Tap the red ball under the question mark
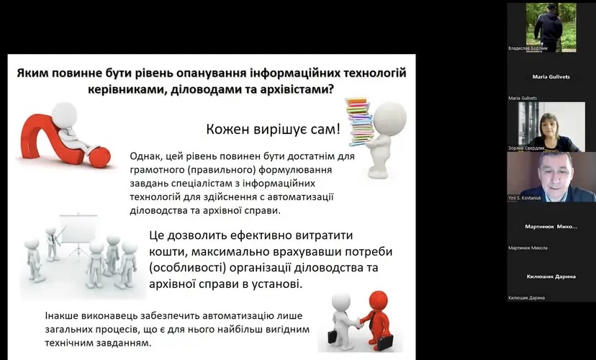tap(99, 158)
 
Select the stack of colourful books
tap(359, 122)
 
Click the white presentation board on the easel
tap(78, 229)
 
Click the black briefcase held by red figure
tap(384, 342)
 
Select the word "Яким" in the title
tap(32, 73)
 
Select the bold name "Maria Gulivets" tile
tap(551, 77)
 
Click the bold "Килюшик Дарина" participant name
tap(551, 276)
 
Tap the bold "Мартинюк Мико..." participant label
tap(551, 227)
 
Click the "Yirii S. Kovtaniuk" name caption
tap(525, 198)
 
